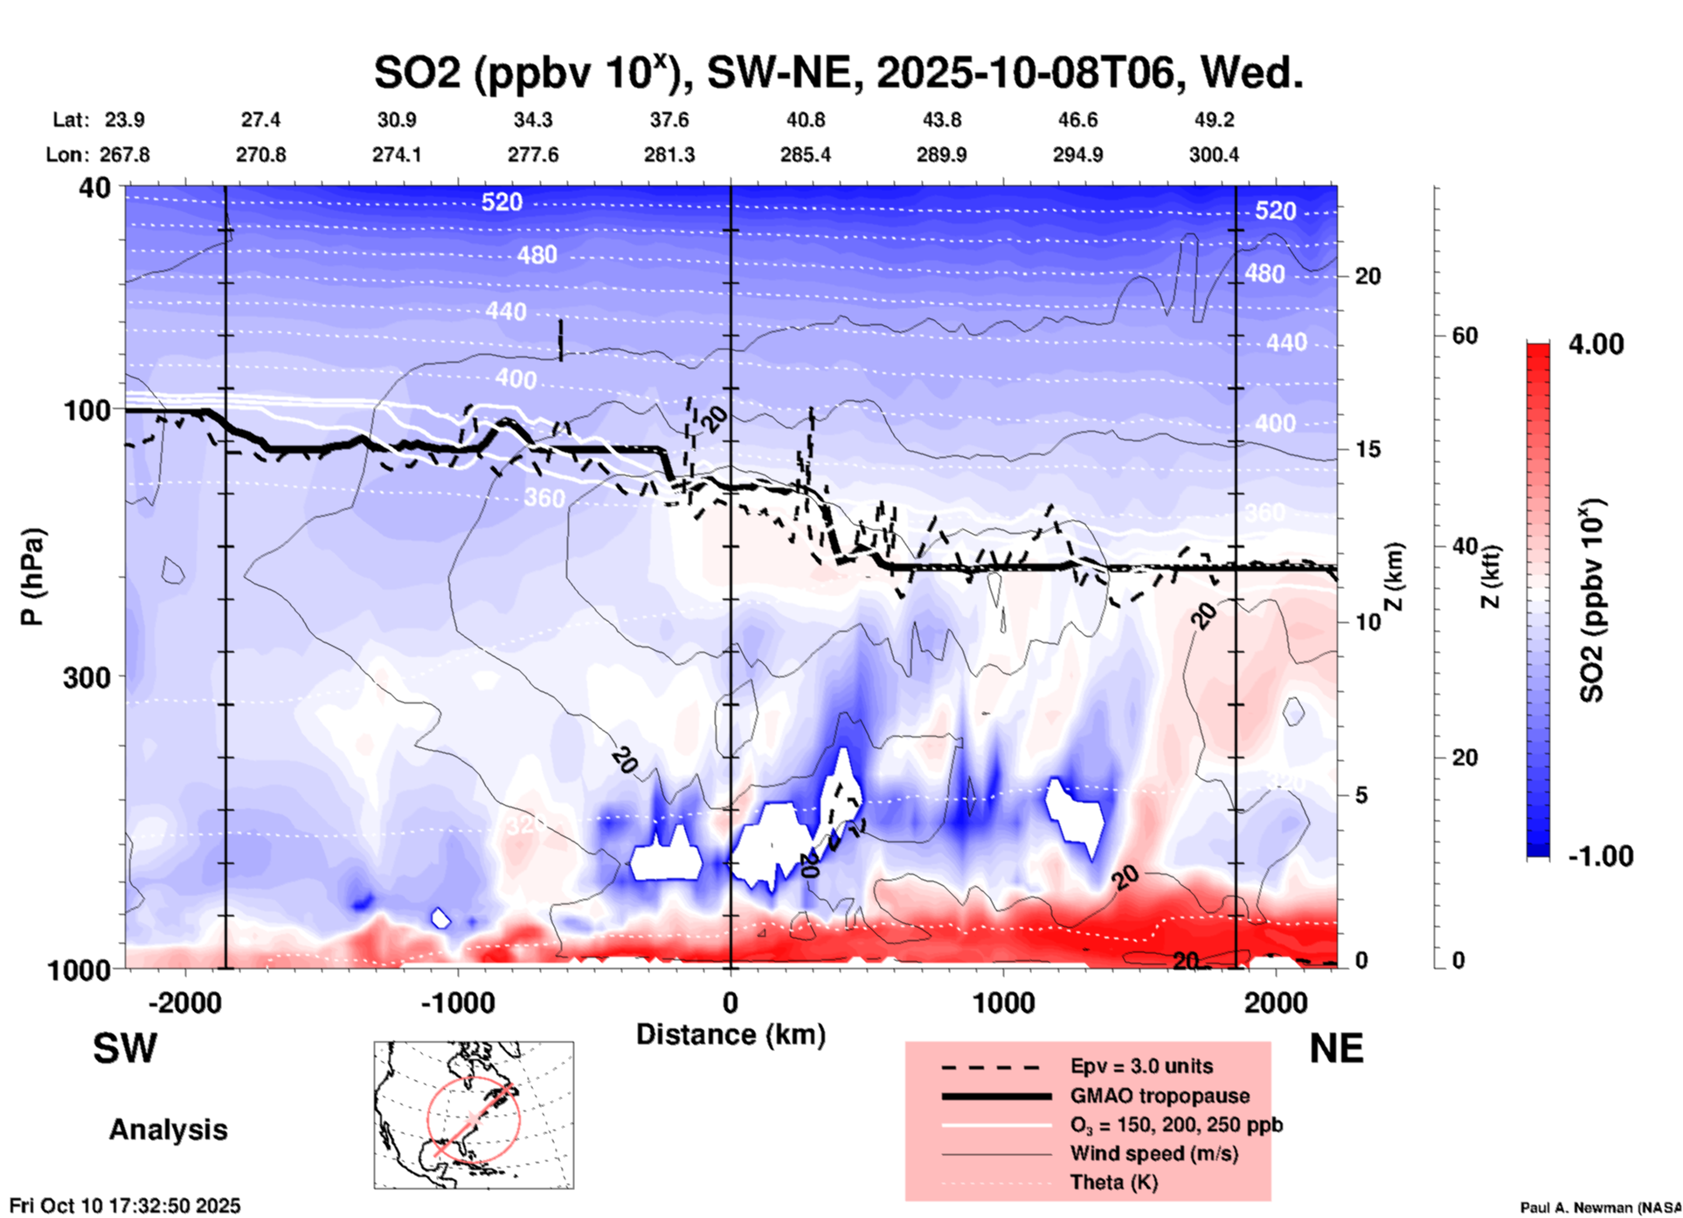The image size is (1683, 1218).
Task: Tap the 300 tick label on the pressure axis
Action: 87,677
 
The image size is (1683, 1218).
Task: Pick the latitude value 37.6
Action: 669,120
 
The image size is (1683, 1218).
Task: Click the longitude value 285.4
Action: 805,155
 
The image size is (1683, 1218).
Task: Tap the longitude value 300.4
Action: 1213,155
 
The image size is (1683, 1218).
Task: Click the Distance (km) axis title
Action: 731,1035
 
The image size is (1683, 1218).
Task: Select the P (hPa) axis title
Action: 32,577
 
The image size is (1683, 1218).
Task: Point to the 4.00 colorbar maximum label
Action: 1596,344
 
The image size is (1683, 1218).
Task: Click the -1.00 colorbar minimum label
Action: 1600,855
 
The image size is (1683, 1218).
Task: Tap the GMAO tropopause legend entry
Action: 1160,1096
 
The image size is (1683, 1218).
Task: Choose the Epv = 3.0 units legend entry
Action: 1141,1066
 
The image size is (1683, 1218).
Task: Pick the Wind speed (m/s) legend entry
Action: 1153,1153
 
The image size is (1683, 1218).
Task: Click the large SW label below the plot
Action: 125,1048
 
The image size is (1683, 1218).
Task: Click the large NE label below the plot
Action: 1336,1048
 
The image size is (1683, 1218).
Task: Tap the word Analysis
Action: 168,1130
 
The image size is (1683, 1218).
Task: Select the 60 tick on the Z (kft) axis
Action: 1465,336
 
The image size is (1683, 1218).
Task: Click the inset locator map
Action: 474,1115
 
